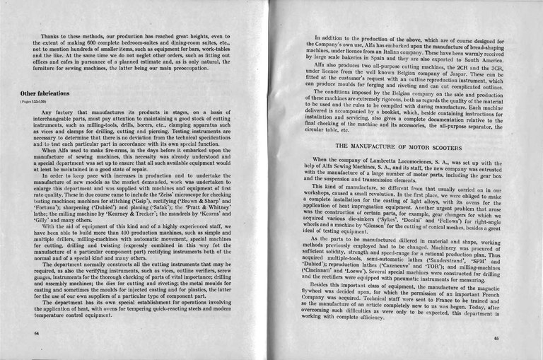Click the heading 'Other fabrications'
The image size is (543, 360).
tap(45, 93)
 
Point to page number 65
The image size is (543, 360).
tap(517, 338)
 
